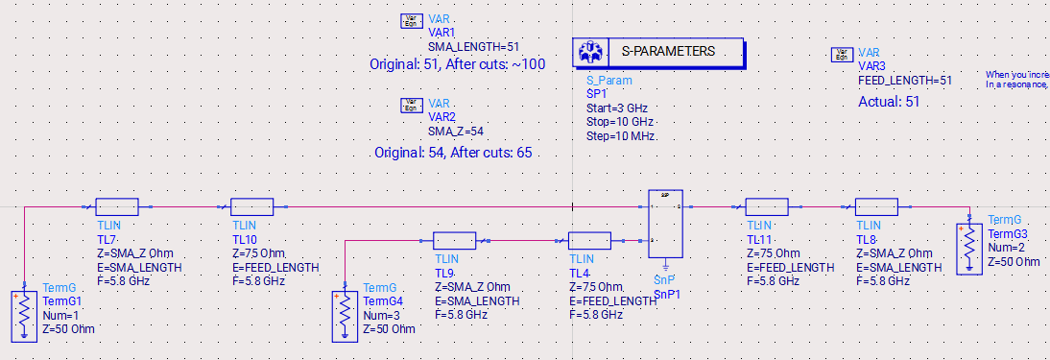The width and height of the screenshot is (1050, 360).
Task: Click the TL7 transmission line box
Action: [118, 206]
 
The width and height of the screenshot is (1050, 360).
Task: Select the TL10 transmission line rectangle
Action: [252, 206]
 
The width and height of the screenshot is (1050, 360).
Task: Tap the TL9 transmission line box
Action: [454, 241]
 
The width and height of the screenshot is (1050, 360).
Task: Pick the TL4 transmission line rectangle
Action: [589, 241]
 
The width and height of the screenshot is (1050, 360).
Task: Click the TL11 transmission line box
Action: [767, 206]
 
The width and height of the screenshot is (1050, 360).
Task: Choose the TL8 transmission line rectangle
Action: [876, 206]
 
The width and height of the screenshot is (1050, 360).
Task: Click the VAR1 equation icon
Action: [411, 21]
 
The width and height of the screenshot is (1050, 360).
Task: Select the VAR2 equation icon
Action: [411, 105]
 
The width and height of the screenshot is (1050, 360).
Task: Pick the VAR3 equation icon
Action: [842, 55]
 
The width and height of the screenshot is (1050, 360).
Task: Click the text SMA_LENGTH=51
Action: [473, 45]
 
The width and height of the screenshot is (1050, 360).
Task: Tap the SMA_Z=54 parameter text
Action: [458, 131]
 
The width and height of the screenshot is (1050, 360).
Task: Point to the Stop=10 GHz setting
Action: [619, 123]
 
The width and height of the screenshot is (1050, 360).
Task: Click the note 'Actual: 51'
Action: [889, 102]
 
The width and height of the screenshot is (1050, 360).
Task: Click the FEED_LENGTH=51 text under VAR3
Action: [905, 81]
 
